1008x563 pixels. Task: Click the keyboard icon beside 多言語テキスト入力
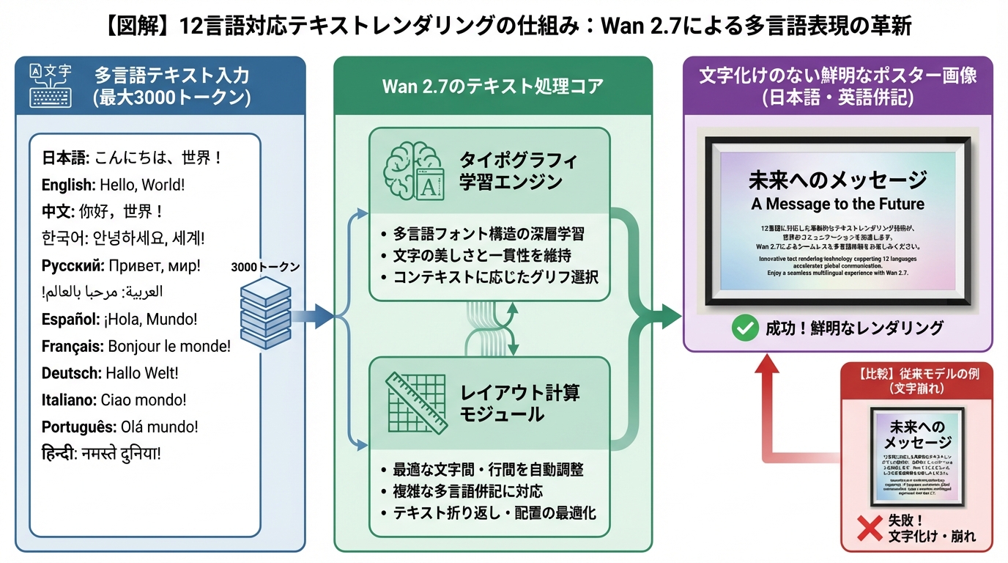(x=51, y=86)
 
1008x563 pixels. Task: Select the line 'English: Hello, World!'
(x=113, y=185)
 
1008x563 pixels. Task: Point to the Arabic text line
(x=103, y=292)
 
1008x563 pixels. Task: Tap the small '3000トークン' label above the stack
(x=265, y=268)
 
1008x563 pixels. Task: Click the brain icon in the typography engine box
(x=412, y=170)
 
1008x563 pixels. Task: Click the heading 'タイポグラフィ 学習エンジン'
(x=518, y=171)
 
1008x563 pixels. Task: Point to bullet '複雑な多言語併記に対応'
(x=467, y=491)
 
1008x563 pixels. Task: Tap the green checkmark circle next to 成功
(x=745, y=328)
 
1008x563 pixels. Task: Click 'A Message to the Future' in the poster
(x=837, y=204)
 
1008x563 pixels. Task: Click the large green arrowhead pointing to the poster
(x=667, y=317)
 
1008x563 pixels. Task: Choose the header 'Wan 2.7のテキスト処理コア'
(x=492, y=87)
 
